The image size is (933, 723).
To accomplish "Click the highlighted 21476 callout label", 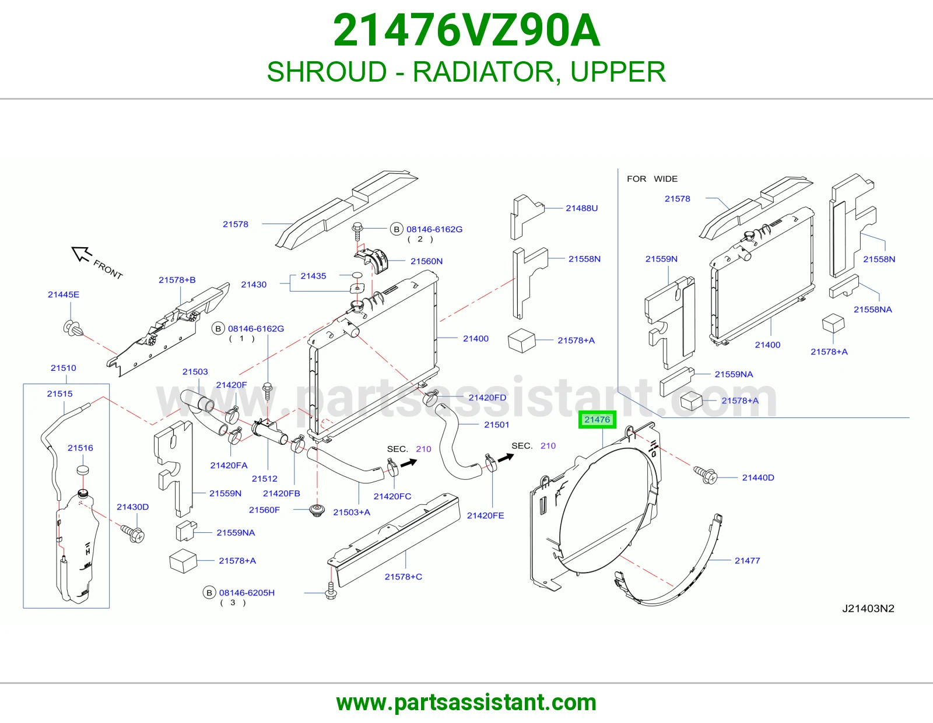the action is [x=597, y=419].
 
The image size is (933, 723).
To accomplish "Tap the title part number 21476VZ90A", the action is [x=466, y=30].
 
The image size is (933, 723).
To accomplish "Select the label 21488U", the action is [x=581, y=208].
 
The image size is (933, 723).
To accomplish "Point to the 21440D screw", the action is [x=705, y=475].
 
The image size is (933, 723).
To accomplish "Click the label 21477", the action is [x=747, y=560].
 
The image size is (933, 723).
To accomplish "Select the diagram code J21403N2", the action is [x=868, y=608].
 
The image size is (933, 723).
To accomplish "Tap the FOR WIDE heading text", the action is [x=652, y=179].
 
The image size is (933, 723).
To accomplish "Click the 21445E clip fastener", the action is [x=72, y=328].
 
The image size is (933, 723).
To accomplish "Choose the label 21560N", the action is [x=426, y=261].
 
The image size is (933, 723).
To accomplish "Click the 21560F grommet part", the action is [x=317, y=511].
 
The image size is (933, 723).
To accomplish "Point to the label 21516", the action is [x=80, y=448].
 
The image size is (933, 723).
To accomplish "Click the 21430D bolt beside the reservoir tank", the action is [x=133, y=534].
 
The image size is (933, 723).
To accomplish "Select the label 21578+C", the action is [x=403, y=577].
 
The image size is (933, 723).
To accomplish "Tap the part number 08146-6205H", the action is [x=247, y=592].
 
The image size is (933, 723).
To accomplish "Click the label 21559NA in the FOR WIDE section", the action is [x=734, y=374].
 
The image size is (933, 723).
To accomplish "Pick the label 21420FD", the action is [x=487, y=398].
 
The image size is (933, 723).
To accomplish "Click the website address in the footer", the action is [x=466, y=703].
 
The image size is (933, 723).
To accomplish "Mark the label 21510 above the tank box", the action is [x=63, y=368].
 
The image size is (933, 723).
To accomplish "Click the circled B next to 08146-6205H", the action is [x=209, y=592].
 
